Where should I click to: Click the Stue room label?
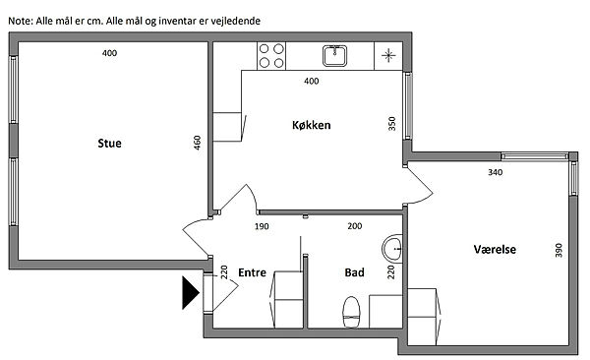pyautogui.click(x=109, y=143)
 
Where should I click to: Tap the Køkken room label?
pyautogui.click(x=311, y=125)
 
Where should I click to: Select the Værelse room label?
pyautogui.click(x=495, y=249)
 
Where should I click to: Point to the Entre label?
pyautogui.click(x=252, y=272)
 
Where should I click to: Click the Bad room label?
pyautogui.click(x=354, y=272)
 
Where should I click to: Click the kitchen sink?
pyautogui.click(x=334, y=56)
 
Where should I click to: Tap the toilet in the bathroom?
pyautogui.click(x=351, y=312)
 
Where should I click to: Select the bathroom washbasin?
pyautogui.click(x=392, y=249)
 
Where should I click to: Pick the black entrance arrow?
pyautogui.click(x=191, y=292)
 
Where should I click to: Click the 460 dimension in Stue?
pyautogui.click(x=198, y=143)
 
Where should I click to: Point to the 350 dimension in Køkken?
pyautogui.click(x=391, y=124)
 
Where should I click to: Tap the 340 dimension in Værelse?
pyautogui.click(x=496, y=172)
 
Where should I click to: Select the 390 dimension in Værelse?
pyautogui.click(x=559, y=251)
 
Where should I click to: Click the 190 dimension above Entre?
pyautogui.click(x=262, y=226)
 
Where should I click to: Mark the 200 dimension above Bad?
pyautogui.click(x=355, y=226)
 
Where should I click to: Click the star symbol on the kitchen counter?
pyautogui.click(x=388, y=56)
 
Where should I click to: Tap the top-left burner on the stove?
pyautogui.click(x=265, y=48)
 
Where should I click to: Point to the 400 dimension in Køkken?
pyautogui.click(x=311, y=81)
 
